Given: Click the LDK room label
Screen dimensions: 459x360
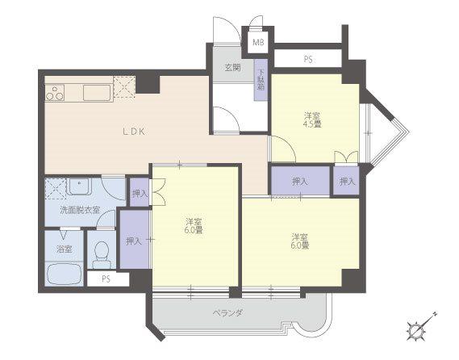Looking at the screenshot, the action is coord(134,132).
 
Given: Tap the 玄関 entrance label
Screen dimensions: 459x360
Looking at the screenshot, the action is coord(232,68).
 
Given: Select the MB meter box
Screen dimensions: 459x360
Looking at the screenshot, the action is coord(258,43).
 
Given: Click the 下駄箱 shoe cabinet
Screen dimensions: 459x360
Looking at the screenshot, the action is coord(261,80).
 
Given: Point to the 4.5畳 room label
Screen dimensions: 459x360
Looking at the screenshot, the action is coord(311,119).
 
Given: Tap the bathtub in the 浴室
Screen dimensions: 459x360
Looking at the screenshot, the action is coord(65,274).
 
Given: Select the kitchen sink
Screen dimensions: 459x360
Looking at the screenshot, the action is coord(97,93).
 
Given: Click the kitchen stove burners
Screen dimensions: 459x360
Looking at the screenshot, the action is coord(54,93).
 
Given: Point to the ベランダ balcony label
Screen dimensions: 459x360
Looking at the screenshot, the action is coord(227,313).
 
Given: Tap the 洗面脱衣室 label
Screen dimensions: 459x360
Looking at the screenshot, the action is coord(80,210).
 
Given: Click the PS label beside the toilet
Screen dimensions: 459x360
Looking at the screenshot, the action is coord(106,278).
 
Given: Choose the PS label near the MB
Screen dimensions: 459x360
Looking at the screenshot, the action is coord(307,60).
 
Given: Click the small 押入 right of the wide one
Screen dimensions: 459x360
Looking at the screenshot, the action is coord(347,181).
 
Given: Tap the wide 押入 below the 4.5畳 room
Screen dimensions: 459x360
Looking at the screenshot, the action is coord(300,181).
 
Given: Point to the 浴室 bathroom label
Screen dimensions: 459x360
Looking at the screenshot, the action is coord(65,249).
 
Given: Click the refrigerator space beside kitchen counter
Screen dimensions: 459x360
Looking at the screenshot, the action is coord(124,87).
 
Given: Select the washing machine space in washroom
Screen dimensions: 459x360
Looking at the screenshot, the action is coord(56,188).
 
